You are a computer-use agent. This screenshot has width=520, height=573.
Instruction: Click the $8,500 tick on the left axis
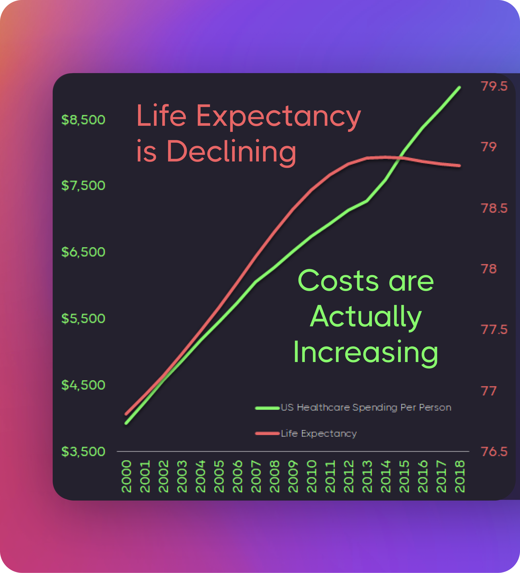pos(83,120)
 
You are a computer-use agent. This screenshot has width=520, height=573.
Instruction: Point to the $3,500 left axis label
pos(83,451)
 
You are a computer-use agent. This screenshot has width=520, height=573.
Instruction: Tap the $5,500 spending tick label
pos(83,318)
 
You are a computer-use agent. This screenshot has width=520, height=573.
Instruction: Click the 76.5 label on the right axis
pos(494,451)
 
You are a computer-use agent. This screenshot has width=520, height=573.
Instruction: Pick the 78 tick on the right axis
pos(489,269)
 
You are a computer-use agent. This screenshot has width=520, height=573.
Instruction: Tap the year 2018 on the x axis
pos(460,476)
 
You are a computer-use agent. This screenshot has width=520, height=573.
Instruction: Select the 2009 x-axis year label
pos(293,476)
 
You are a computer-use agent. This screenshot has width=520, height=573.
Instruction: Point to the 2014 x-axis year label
pos(386,476)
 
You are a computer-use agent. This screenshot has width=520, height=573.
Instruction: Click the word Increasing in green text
pos(366,352)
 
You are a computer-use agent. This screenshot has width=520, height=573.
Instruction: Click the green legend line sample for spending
pos(267,408)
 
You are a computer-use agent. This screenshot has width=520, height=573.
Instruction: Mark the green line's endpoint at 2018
pos(460,88)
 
